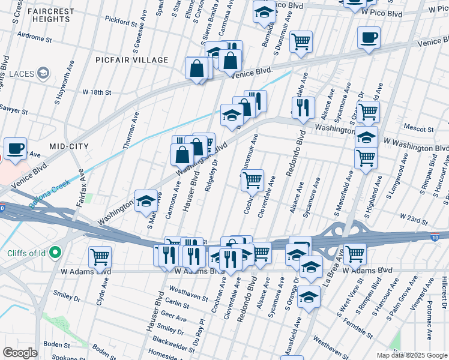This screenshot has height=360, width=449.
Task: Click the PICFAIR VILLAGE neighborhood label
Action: (131, 61)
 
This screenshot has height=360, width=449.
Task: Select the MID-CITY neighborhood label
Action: (68, 146)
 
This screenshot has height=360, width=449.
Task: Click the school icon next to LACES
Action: (43, 74)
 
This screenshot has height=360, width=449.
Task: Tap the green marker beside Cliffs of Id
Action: (55, 252)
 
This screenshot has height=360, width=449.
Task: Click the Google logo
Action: (20, 352)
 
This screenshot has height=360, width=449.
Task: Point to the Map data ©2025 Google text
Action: (412, 355)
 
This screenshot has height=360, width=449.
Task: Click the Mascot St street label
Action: (419, 129)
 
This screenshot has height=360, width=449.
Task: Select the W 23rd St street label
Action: (408, 217)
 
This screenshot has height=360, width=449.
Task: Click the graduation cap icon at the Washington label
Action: (146, 202)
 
